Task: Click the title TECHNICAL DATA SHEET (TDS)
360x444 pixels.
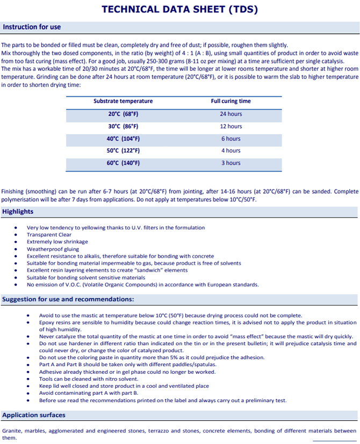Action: tap(179, 9)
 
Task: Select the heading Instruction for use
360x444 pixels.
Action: tap(32, 27)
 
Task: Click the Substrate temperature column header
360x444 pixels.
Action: tap(123, 101)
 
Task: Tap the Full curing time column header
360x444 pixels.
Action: tap(231, 101)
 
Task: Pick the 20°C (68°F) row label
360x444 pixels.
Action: tap(123, 114)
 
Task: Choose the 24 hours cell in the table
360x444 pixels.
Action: tap(231, 114)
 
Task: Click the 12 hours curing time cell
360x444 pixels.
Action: tap(231, 126)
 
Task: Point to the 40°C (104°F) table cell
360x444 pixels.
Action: tap(123, 139)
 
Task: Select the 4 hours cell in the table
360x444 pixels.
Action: tap(231, 151)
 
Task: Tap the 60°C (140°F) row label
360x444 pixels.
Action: tap(123, 163)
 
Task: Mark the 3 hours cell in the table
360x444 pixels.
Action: tap(231, 163)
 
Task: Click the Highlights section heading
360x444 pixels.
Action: tap(18, 212)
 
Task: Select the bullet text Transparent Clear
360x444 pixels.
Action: tap(49, 235)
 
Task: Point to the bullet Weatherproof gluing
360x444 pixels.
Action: tap(53, 249)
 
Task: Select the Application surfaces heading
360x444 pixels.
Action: tap(34, 415)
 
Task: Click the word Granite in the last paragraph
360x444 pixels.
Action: tap(12, 431)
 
